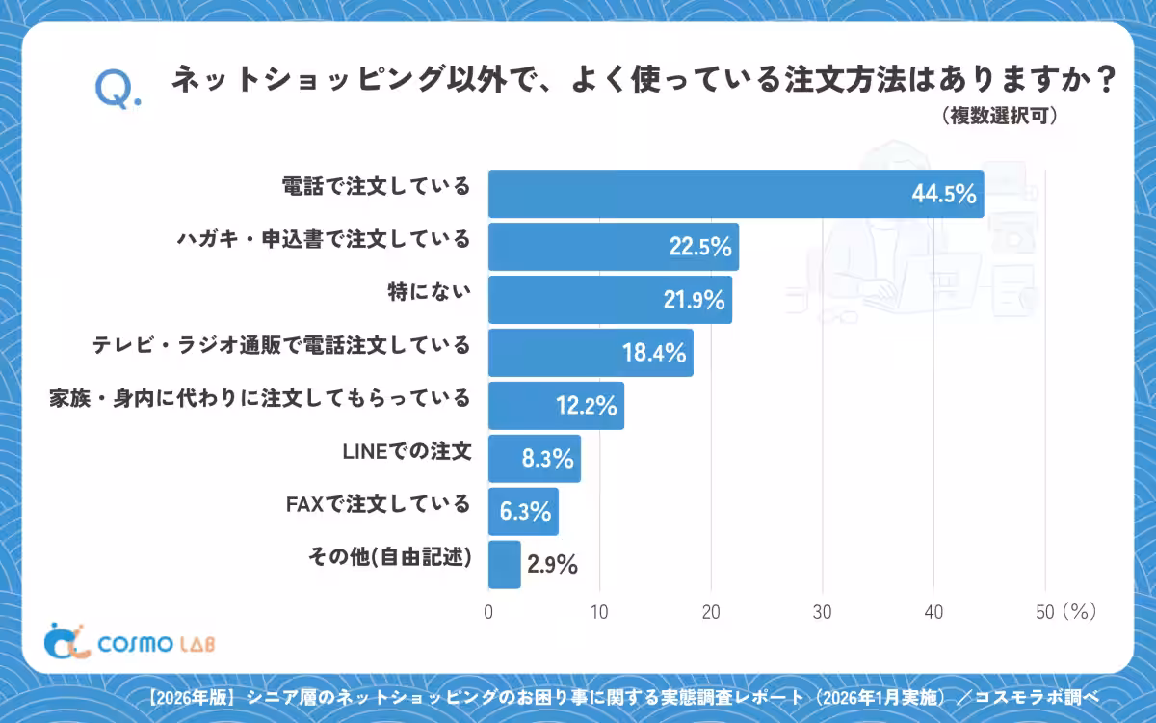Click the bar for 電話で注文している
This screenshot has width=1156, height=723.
[x=736, y=194]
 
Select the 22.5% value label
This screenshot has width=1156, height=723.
[x=700, y=247]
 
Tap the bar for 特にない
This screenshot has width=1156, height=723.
[x=610, y=300]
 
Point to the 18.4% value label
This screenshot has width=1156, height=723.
[x=654, y=353]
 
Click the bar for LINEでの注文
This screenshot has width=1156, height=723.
[x=535, y=459]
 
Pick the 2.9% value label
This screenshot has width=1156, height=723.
[x=552, y=564]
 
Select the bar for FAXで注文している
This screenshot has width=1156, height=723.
[x=523, y=511]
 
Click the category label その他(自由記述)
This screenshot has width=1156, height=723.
[x=390, y=557]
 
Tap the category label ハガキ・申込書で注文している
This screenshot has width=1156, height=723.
[x=324, y=239]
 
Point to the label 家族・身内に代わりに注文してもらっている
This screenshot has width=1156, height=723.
[x=259, y=398]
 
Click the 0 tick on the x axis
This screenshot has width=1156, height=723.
[x=488, y=612]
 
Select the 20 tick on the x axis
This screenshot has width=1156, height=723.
[x=711, y=612]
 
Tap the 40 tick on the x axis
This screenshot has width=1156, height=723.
[x=933, y=612]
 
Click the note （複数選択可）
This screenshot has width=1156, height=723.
[x=999, y=116]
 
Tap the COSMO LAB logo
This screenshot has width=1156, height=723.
[x=129, y=642]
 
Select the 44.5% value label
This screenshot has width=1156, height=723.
[x=944, y=194]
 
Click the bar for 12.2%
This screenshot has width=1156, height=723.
[x=557, y=406]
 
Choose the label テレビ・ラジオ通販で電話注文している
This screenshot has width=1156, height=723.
[x=281, y=345]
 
